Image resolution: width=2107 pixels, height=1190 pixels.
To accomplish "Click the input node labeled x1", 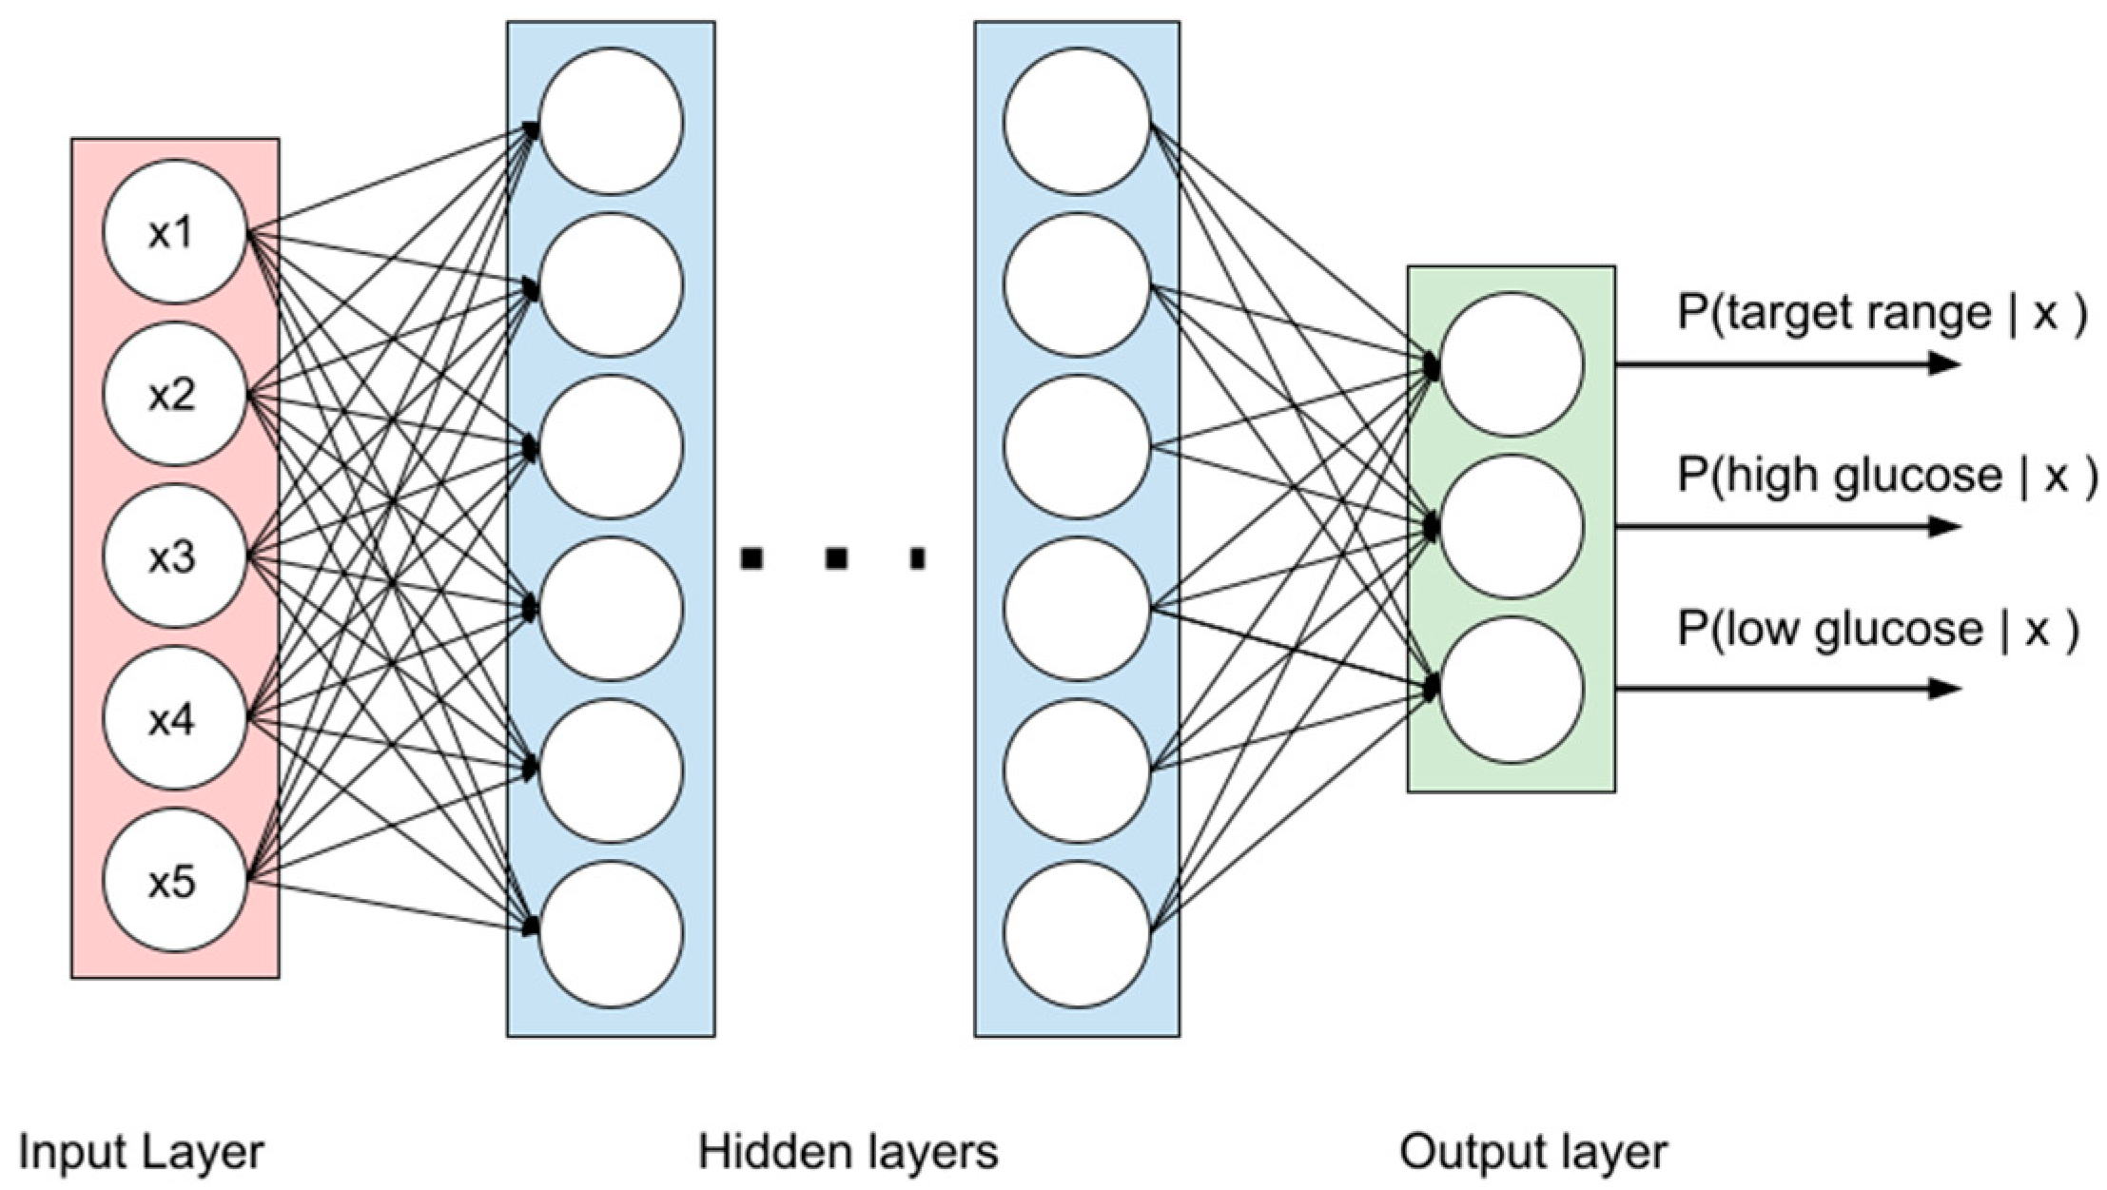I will (174, 233).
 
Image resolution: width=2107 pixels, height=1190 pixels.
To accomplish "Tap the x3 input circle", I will (174, 557).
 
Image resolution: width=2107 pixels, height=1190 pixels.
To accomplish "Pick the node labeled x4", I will (174, 720).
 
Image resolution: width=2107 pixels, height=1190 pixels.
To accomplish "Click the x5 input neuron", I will (174, 882).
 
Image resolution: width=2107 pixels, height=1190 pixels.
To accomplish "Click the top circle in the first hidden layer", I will (611, 122).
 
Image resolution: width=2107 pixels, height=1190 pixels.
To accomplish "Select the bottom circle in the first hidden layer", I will (611, 933).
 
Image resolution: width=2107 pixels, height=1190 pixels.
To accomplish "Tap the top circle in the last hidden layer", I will (1077, 122).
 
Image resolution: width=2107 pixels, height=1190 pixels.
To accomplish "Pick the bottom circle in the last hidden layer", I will (1077, 933).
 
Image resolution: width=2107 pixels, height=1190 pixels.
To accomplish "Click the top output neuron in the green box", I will (1512, 365).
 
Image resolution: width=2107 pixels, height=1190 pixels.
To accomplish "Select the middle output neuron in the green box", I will (1512, 527).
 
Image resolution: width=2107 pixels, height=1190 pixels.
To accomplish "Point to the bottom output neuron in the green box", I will (1512, 690).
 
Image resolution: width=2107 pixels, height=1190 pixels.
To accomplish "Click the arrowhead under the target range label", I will (1944, 363).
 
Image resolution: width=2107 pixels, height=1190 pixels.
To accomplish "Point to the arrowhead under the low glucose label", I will (1944, 688).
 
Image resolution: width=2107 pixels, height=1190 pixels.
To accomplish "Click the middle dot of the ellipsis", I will (836, 558).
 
